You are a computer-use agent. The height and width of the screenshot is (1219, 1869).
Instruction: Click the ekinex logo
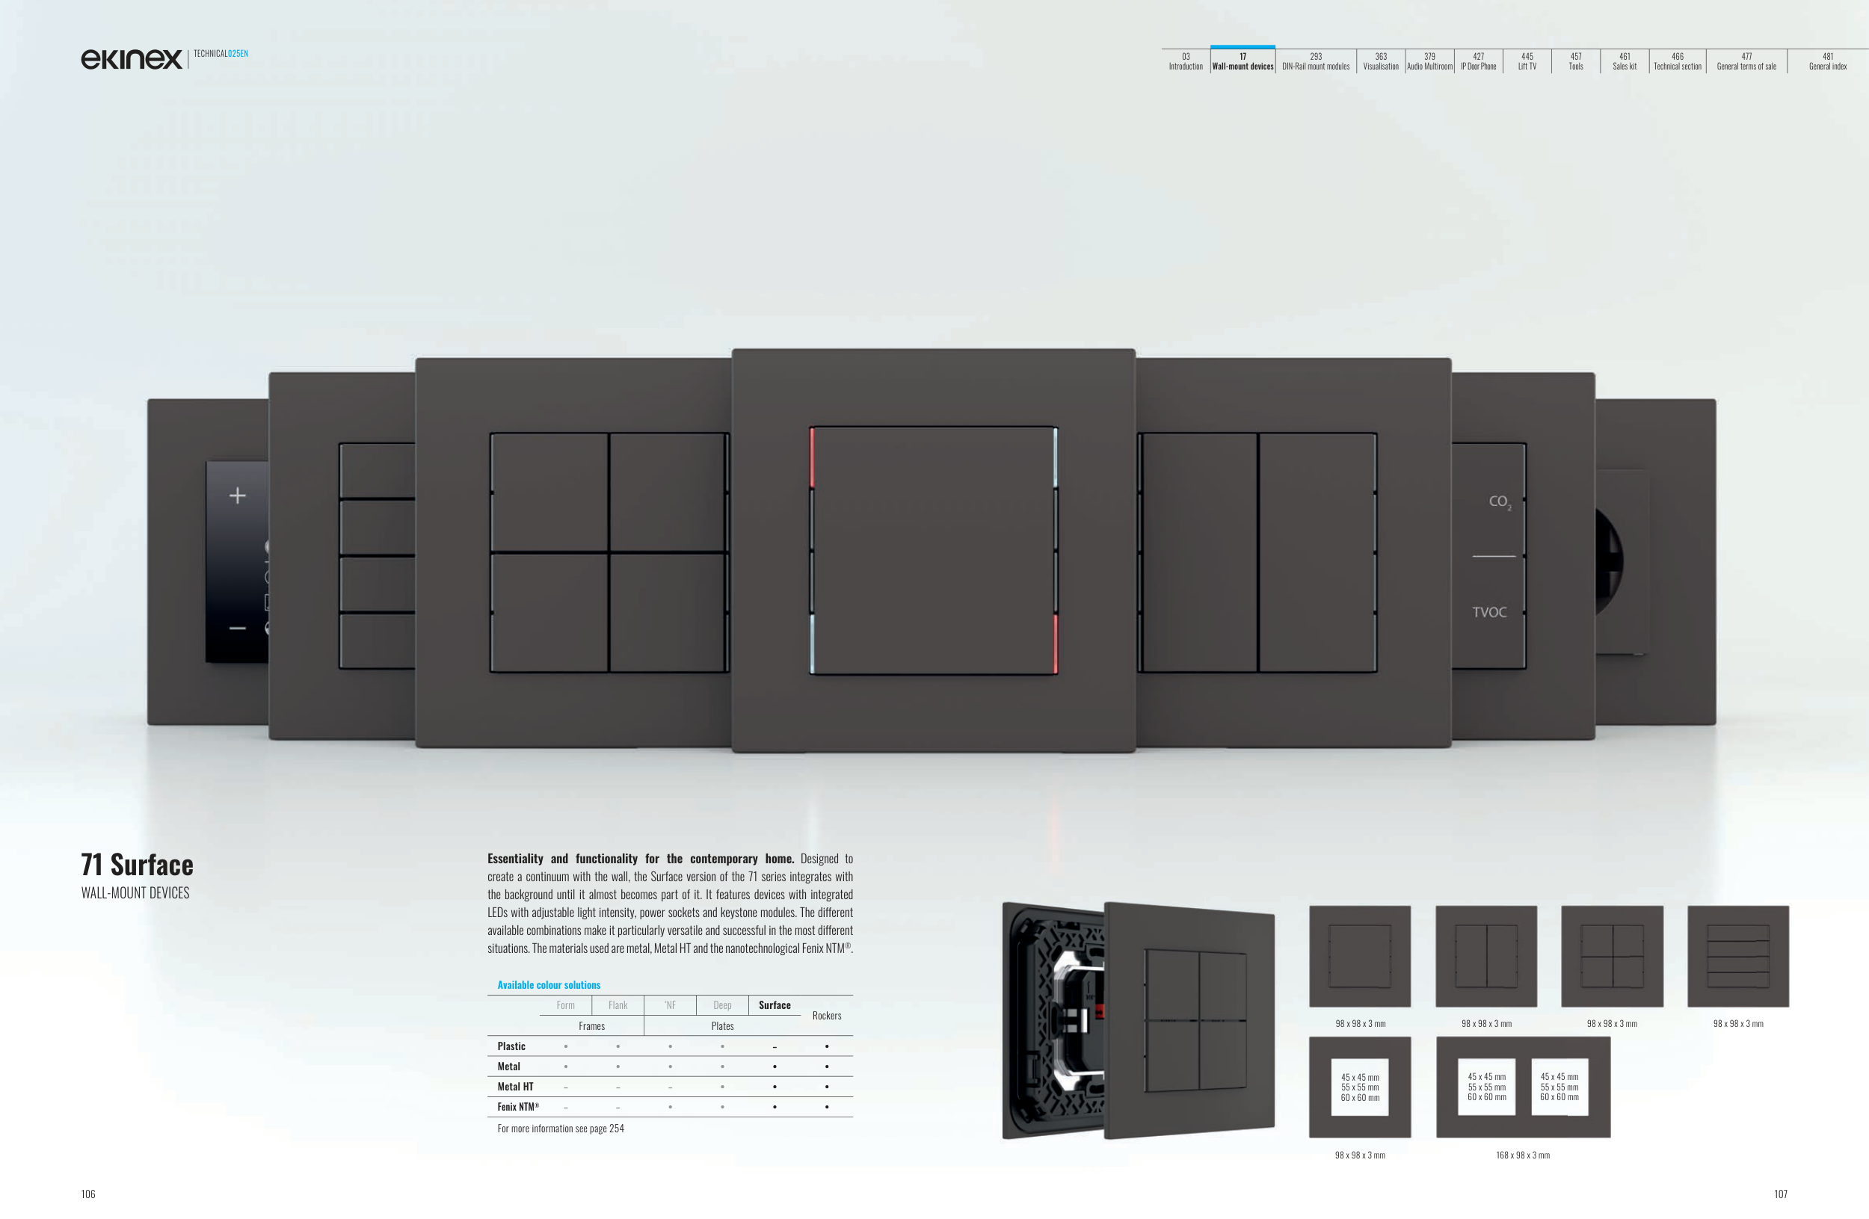coord(131,59)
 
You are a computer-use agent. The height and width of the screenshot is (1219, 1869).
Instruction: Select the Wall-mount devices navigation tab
coord(1243,61)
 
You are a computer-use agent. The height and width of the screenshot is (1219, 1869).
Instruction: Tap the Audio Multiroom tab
coord(1429,61)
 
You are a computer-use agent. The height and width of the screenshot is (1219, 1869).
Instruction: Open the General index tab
coord(1827,61)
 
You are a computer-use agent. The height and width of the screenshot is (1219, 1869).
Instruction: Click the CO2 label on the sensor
coord(1500,502)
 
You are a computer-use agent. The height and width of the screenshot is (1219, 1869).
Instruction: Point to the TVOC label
coord(1489,611)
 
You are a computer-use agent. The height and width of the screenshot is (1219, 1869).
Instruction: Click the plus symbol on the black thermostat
coord(237,496)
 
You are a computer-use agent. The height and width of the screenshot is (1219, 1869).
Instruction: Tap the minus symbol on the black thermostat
coord(237,628)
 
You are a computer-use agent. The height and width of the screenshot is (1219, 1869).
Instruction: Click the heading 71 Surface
coord(138,864)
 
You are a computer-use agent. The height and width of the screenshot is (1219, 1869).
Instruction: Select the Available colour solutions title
coord(549,984)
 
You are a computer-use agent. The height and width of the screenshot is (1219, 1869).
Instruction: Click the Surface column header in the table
coord(775,1004)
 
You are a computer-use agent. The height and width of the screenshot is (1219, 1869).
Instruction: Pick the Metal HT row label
coord(515,1087)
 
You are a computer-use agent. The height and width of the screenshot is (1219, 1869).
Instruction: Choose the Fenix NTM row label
coord(518,1107)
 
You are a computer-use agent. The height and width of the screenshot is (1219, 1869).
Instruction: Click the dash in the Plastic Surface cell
coord(775,1047)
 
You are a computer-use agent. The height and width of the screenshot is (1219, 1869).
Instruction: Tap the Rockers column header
coord(827,1015)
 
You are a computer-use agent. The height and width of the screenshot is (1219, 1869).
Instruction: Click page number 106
coord(88,1194)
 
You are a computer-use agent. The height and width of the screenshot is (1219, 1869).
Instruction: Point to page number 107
coord(1780,1194)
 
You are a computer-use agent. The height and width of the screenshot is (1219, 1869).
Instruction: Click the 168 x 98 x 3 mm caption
coord(1523,1155)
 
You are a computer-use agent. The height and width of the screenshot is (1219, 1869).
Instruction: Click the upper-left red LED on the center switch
coord(812,457)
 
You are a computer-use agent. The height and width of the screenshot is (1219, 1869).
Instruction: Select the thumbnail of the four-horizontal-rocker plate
coord(1738,956)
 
